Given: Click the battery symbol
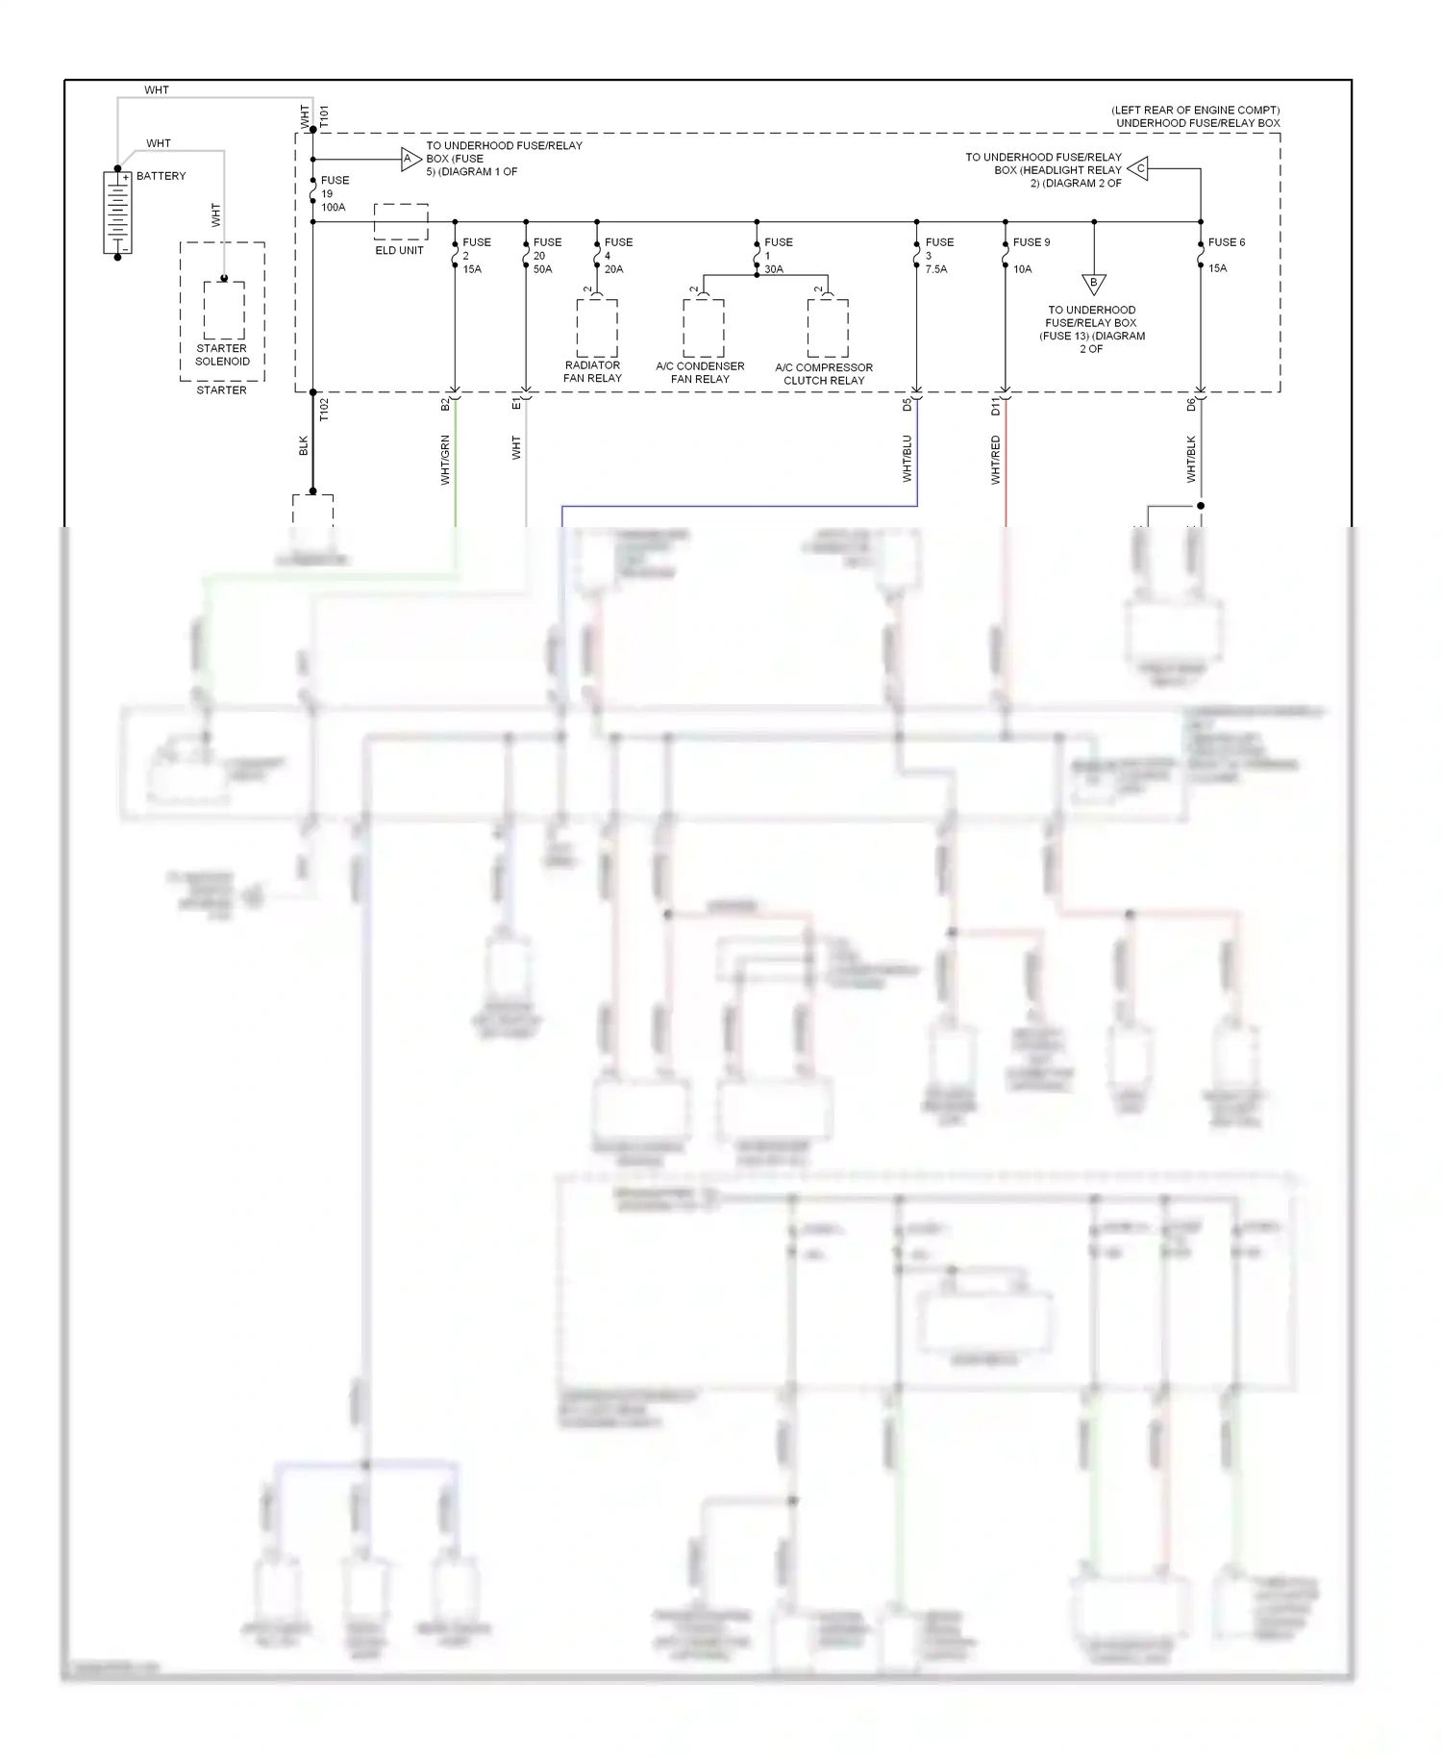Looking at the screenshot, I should coord(117,213).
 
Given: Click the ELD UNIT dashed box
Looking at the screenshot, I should coord(400,222).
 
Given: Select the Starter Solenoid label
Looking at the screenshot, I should coord(222,355).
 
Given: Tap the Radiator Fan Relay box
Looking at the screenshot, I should coord(596,328).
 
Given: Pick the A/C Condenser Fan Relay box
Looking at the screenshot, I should coord(703,328).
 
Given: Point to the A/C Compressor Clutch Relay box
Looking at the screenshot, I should coord(828,328).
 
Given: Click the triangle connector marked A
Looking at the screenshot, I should coord(410,160).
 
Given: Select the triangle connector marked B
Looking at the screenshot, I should coord(1093,284).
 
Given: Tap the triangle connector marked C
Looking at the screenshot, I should coord(1138,169).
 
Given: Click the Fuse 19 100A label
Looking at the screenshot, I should coord(334,193).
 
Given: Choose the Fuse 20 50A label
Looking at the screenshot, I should coord(546,256).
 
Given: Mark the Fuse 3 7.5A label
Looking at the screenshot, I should coord(938,256).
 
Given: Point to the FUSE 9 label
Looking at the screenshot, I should coord(1031,242).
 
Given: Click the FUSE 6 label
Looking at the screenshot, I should coord(1226,242).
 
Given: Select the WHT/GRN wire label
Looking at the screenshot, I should coord(445,460).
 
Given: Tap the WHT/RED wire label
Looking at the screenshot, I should coord(996,460).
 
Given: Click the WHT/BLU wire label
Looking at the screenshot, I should coord(907,458).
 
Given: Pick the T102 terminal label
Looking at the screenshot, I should coord(324,410).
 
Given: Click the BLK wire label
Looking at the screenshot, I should coord(303,445).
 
